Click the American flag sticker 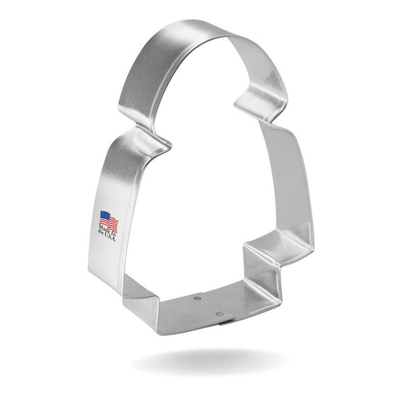tap(108, 222)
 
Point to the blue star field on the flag tap(104, 216)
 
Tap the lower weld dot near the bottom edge tap(219, 312)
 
